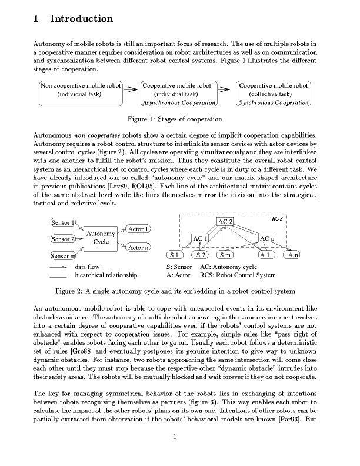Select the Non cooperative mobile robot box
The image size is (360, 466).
[x=79, y=90]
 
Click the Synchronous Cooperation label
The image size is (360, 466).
[x=274, y=102]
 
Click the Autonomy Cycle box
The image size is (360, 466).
[x=101, y=238]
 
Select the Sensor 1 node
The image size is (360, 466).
[x=63, y=222]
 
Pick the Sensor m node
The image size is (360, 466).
[x=63, y=256]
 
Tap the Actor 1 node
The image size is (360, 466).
[x=138, y=228]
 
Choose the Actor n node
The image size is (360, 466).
[x=138, y=248]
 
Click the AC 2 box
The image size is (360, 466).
[x=225, y=221]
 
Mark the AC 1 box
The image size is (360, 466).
[x=201, y=238]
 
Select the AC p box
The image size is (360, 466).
[x=266, y=238]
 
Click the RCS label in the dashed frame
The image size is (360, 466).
[x=277, y=218]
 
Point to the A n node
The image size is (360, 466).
[x=293, y=255]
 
